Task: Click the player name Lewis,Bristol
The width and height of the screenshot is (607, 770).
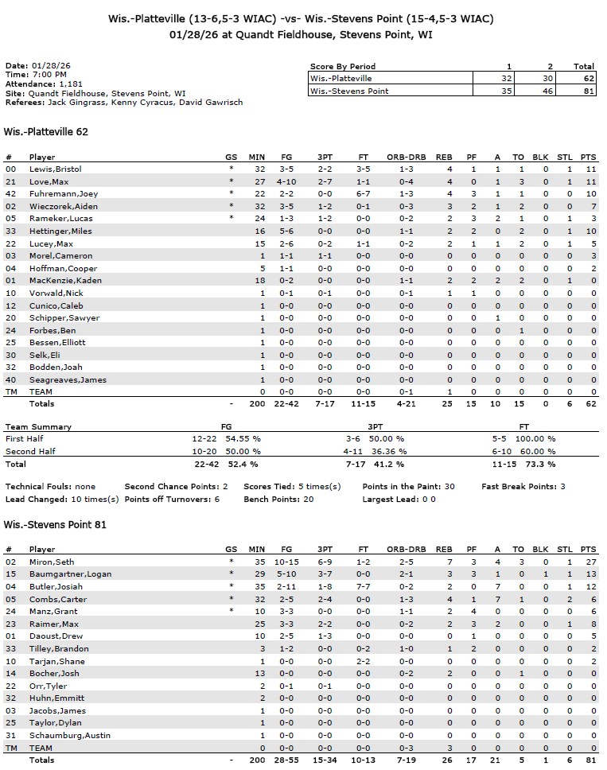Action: click(55, 169)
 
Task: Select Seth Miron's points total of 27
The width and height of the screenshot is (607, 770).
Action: click(590, 562)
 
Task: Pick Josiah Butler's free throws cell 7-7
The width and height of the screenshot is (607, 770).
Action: click(362, 587)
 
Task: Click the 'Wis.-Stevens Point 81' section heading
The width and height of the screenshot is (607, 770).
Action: click(55, 525)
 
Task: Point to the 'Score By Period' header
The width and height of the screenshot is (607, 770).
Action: click(343, 67)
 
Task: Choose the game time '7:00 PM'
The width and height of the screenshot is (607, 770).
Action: click(47, 75)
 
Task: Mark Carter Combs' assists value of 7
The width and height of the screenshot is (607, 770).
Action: click(499, 599)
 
